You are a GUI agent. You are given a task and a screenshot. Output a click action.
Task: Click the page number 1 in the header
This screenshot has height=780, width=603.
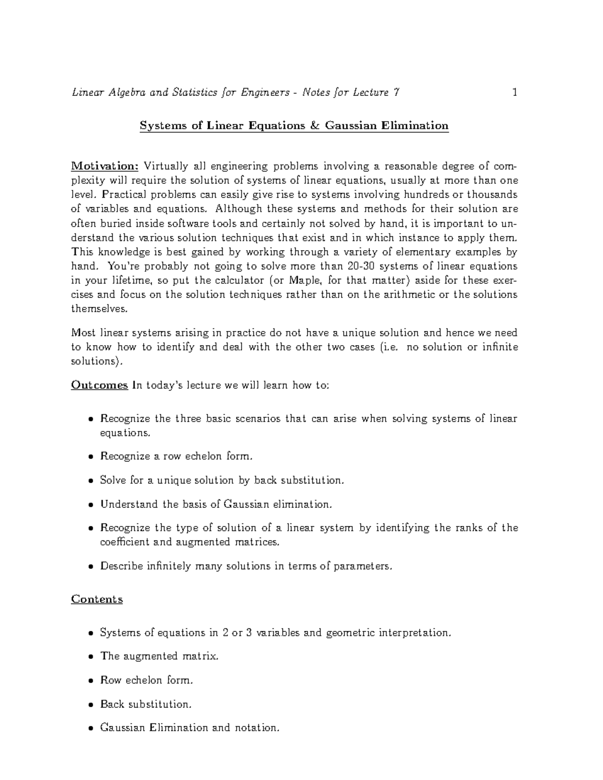pos(514,92)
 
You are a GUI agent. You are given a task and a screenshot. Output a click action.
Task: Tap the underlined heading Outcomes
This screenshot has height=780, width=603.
pos(99,385)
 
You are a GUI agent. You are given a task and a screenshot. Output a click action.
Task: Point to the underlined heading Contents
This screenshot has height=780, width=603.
pos(97,599)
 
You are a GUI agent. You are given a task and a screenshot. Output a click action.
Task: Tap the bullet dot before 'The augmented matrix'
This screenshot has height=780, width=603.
pos(90,657)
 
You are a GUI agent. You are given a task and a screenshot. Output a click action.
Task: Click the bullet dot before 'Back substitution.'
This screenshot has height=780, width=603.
pos(90,705)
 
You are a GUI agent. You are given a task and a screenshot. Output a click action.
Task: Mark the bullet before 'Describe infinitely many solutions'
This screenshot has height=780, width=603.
pos(90,567)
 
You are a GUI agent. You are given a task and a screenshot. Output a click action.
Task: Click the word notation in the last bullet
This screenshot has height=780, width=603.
pos(256,728)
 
